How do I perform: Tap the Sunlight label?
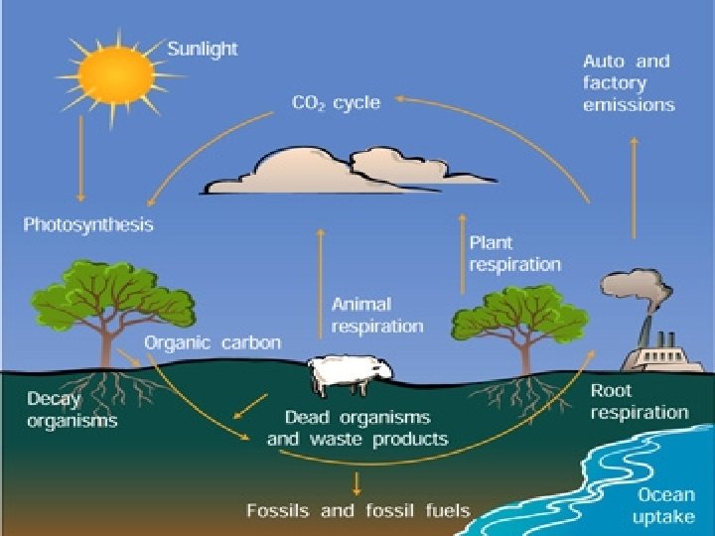tap(203, 49)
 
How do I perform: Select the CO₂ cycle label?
tap(336, 102)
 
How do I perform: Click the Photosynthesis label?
tap(88, 225)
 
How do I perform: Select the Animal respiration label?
tap(376, 315)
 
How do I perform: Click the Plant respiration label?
tap(514, 253)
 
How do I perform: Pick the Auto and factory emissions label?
tap(628, 82)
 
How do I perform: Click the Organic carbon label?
tap(213, 342)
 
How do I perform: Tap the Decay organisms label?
tap(71, 410)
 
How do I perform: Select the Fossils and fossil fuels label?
tap(357, 511)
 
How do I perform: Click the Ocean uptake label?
tap(665, 504)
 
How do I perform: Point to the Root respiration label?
tap(640, 402)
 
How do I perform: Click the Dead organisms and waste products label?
tap(357, 427)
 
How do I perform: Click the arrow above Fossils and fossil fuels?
tap(357, 482)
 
